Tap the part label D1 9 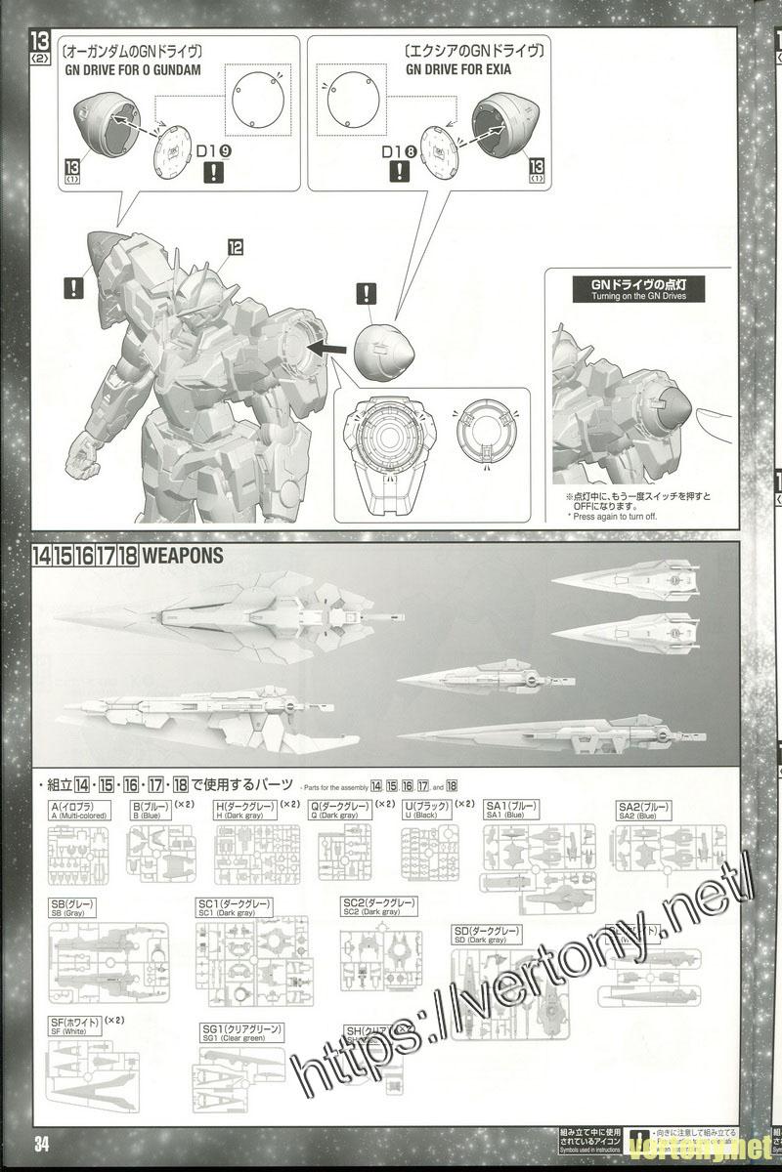212,152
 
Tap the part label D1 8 399,152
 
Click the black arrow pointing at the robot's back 326,345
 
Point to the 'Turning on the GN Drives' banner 639,289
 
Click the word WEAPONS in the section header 183,558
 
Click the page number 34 41,1146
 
